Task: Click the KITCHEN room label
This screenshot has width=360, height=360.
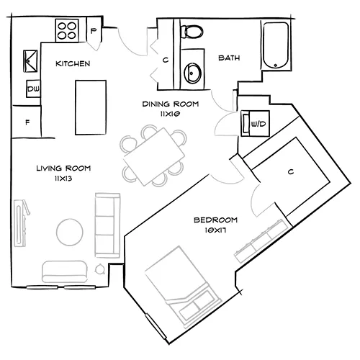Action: coord(73,64)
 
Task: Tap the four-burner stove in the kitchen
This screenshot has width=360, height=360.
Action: coord(68,31)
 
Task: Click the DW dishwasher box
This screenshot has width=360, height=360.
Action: coord(33,89)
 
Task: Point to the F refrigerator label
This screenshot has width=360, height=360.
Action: coord(27,122)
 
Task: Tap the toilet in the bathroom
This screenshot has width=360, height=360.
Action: coord(191,32)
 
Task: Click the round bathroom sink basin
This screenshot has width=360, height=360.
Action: coord(192,72)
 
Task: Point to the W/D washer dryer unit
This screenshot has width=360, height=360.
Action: coord(256,123)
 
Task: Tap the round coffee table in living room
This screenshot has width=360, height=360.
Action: coord(69,231)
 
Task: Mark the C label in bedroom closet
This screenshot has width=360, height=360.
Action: coord(290,171)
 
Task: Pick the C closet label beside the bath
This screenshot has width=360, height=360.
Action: coord(165,60)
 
